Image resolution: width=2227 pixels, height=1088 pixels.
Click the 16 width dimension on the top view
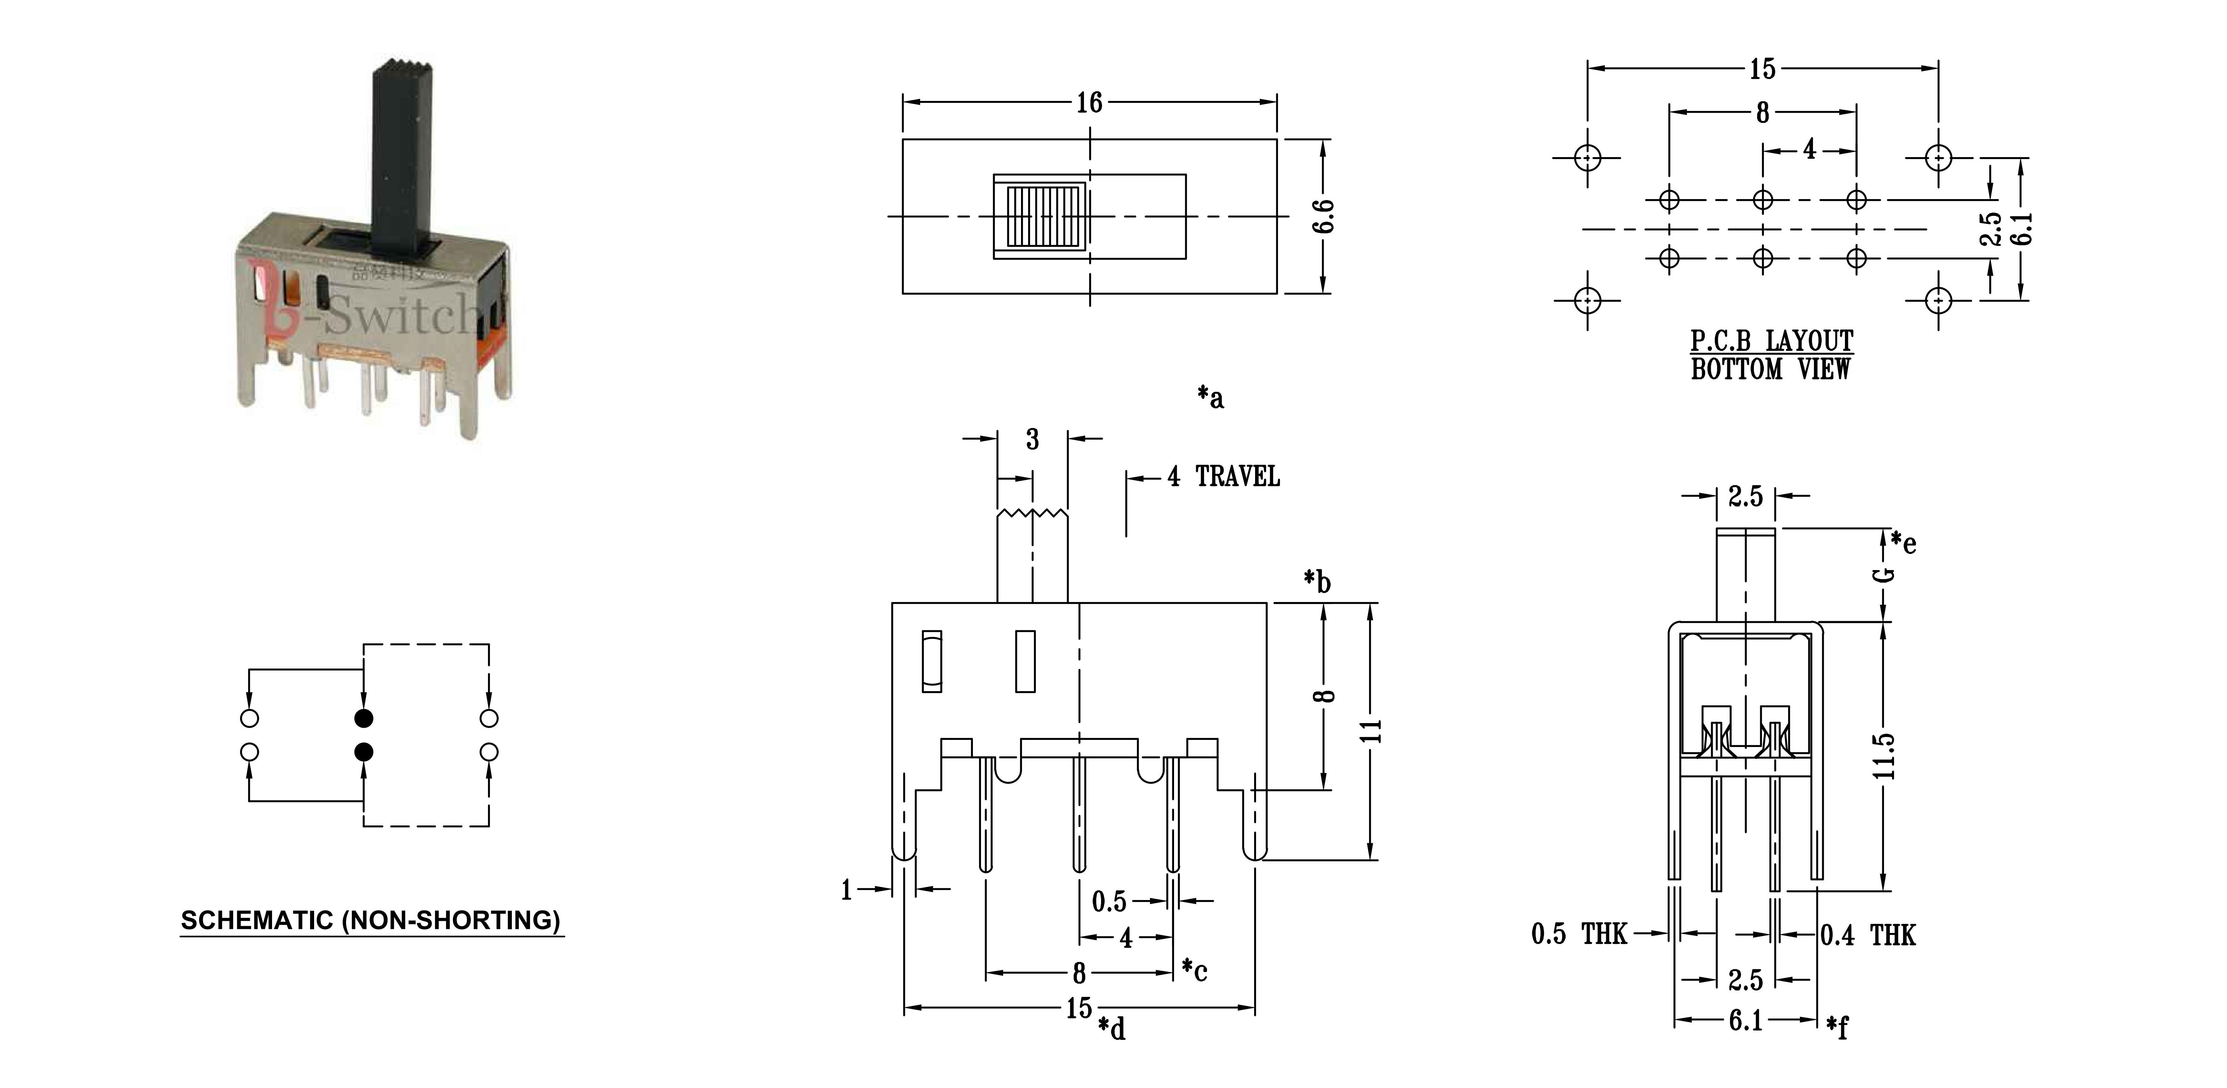[x=1089, y=103]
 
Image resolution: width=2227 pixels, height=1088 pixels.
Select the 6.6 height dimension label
[x=1323, y=216]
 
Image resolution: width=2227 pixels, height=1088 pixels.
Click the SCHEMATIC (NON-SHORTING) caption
[x=371, y=920]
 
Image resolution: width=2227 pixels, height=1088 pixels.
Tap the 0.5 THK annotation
[x=1579, y=934]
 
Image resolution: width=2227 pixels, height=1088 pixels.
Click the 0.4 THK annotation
[x=1867, y=935]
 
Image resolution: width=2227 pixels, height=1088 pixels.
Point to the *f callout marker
[x=1837, y=1026]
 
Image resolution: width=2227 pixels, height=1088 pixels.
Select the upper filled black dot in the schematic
[x=364, y=718]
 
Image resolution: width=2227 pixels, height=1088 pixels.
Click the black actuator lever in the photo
[x=400, y=156]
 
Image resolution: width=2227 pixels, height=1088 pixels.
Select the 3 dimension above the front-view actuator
[x=1032, y=439]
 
